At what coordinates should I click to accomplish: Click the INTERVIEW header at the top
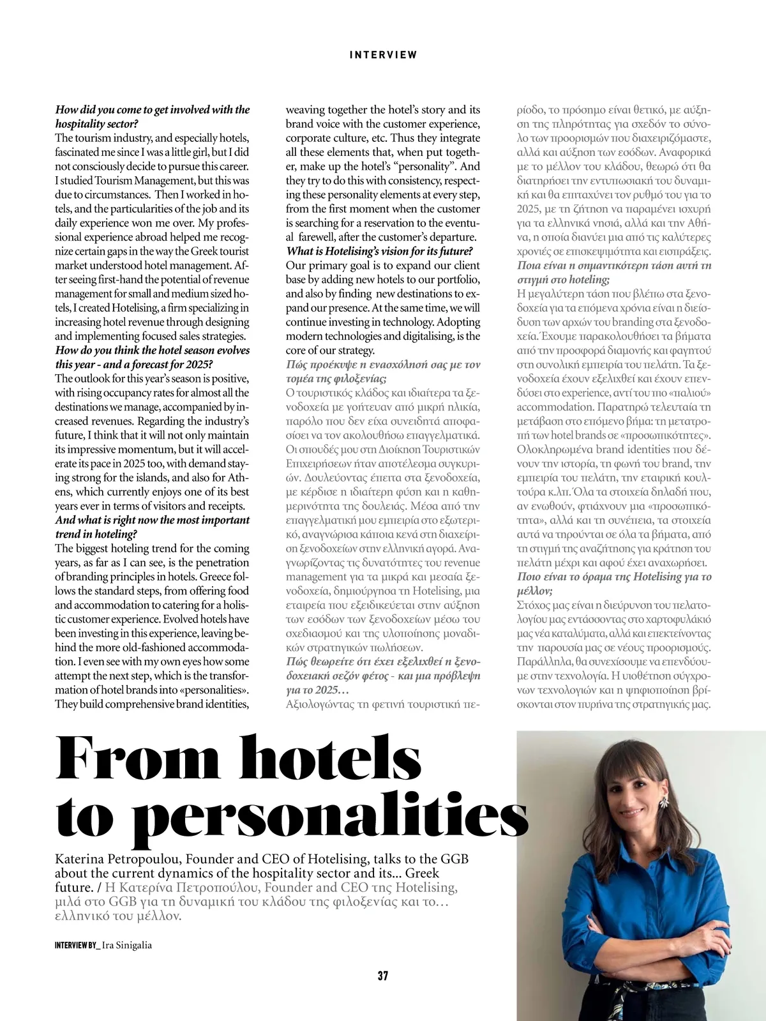click(383, 55)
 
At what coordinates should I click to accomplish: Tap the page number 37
click(383, 976)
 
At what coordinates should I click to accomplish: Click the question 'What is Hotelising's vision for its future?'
click(379, 252)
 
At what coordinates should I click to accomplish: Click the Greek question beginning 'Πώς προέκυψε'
click(382, 365)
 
